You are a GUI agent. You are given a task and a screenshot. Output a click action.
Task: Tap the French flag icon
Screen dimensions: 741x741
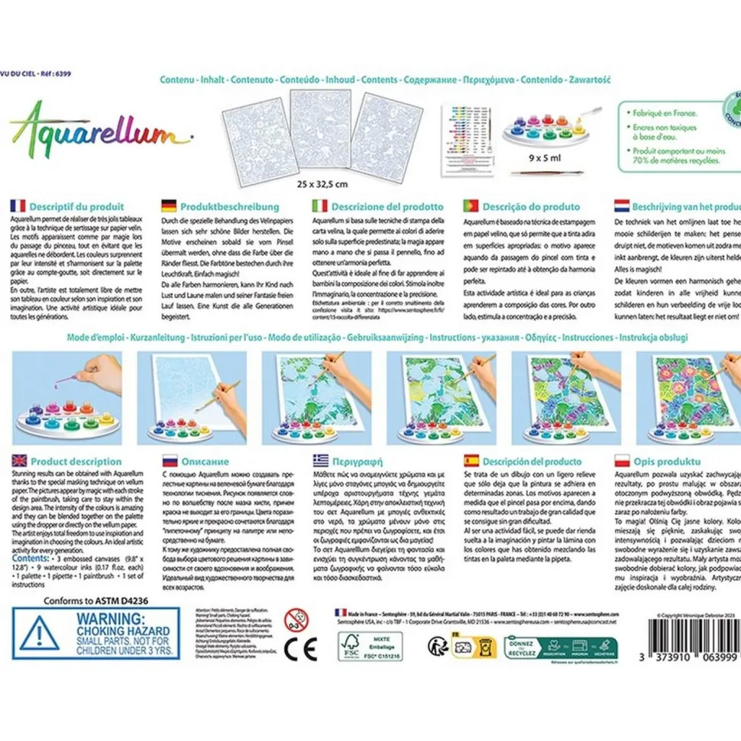tap(17, 205)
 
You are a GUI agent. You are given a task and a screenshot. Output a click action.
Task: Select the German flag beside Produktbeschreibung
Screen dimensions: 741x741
tap(169, 205)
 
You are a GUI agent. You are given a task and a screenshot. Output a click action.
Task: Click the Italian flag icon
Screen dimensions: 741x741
tap(320, 205)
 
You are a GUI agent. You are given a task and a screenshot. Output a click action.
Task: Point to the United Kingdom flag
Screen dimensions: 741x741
tap(17, 461)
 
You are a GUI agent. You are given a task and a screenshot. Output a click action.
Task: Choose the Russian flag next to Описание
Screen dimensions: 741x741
tap(169, 461)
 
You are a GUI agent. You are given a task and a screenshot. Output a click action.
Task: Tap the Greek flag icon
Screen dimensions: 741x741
tap(320, 461)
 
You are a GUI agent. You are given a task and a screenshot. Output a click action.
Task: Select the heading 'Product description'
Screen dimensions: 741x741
tap(77, 461)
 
